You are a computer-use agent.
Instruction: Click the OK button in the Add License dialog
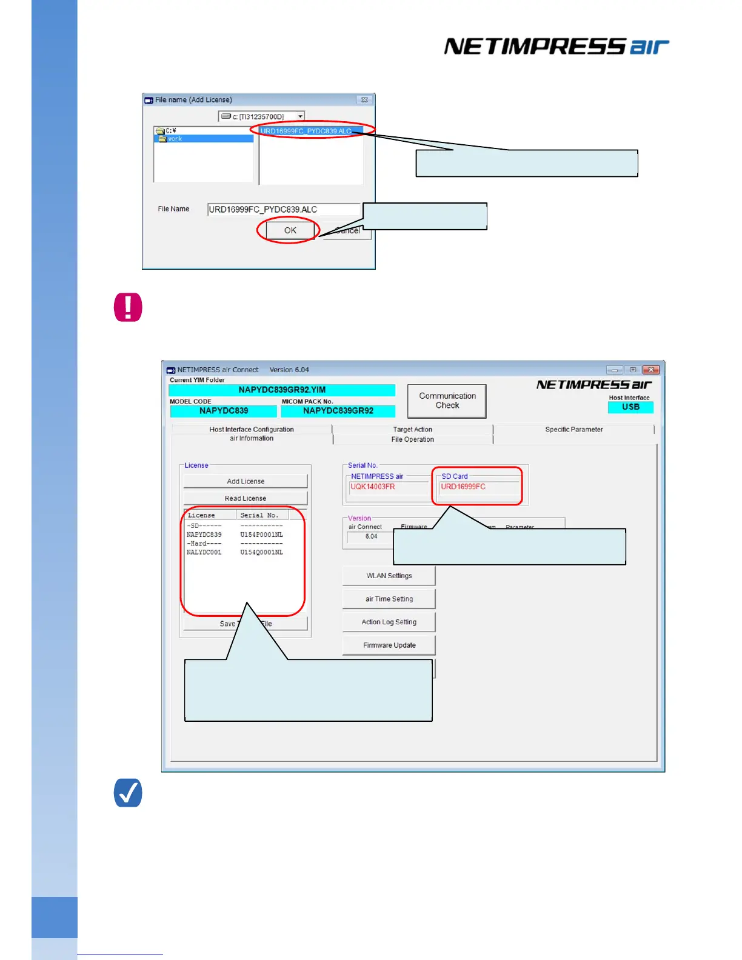(x=289, y=230)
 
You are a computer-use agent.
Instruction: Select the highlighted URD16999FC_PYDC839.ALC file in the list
(x=306, y=131)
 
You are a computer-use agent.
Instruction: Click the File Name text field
(x=284, y=210)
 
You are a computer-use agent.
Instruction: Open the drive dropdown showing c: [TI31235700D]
(x=300, y=116)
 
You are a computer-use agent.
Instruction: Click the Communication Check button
(x=447, y=401)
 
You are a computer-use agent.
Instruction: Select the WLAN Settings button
(x=389, y=576)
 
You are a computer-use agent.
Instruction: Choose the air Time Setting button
(x=389, y=599)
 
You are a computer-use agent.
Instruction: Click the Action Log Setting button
(x=389, y=622)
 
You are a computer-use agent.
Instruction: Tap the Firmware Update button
(x=389, y=645)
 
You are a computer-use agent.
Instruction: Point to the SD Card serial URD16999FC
(x=463, y=487)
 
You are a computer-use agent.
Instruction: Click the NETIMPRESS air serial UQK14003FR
(x=373, y=487)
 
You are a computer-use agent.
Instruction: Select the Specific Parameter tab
(x=573, y=429)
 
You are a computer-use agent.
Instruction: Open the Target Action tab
(x=412, y=429)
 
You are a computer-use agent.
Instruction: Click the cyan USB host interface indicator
(x=630, y=407)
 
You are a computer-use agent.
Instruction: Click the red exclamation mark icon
(x=128, y=307)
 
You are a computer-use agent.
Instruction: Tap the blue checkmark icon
(x=128, y=793)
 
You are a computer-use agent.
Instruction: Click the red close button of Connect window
(x=650, y=370)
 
